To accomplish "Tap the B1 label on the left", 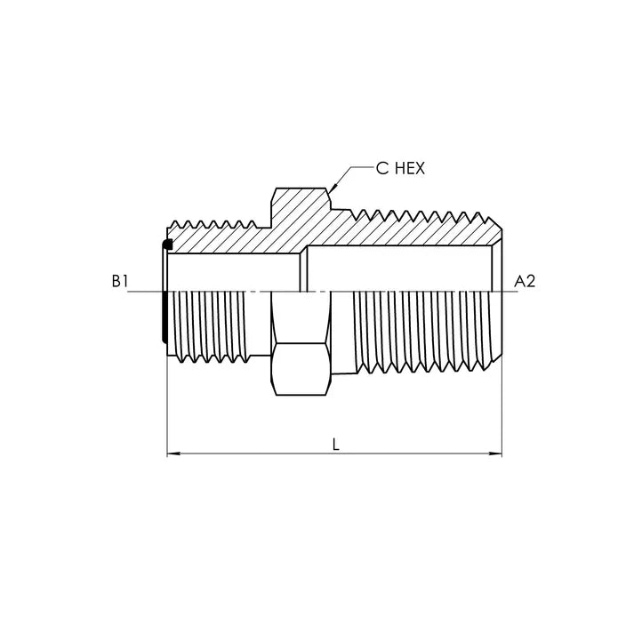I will (121, 281).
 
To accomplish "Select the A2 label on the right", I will (525, 281).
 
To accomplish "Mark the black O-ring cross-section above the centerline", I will (166, 245).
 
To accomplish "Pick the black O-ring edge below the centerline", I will (163, 320).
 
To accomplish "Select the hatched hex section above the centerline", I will (301, 218).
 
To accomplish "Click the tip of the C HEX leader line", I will (331, 188).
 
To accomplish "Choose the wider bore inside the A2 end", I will (400, 269).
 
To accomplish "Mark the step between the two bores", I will (303, 270).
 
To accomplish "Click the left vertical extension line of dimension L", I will (167, 400).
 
